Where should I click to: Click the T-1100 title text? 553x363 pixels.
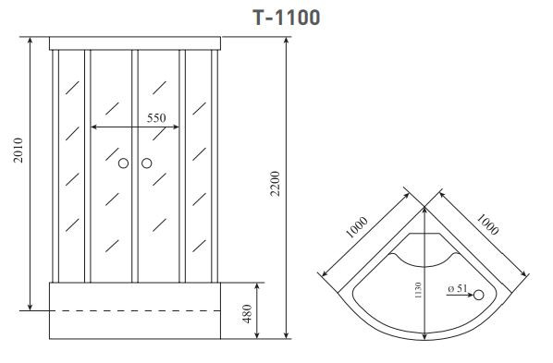click(287, 18)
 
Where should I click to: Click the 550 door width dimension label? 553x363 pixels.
click(156, 117)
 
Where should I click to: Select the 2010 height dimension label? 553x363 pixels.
click(18, 151)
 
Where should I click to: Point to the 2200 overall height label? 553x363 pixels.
click(275, 184)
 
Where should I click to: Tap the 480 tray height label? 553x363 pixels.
click(247, 314)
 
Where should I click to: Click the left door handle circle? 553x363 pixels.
click(123, 163)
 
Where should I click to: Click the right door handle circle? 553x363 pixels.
click(147, 163)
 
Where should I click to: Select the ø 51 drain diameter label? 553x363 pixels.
click(458, 288)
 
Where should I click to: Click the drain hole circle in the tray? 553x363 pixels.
click(479, 295)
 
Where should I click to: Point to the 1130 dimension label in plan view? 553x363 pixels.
click(418, 290)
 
